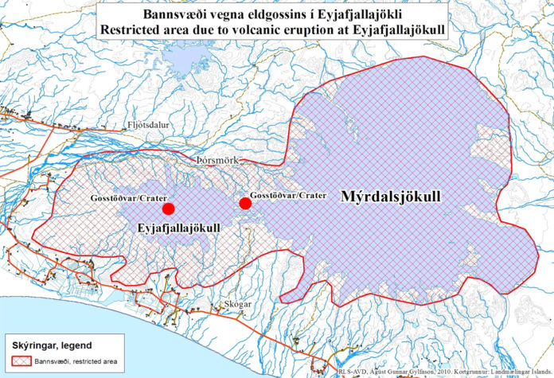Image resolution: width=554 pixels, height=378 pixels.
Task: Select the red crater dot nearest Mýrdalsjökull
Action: pos(245,204)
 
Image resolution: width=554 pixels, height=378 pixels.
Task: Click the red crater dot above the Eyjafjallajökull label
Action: pos(168,208)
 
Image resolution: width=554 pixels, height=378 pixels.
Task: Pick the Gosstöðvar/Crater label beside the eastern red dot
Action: pos(287,195)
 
